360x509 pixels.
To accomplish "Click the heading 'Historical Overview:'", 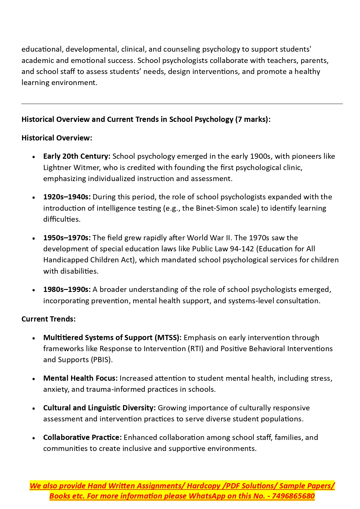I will pos(57,138).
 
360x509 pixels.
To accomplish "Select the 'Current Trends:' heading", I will pos(48,319).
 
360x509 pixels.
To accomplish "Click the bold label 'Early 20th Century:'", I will pos(77,156).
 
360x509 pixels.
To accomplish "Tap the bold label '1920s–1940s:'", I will pos(67,197).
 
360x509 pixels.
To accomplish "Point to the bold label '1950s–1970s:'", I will pos(67,238).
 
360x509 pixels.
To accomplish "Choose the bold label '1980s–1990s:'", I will pos(67,289).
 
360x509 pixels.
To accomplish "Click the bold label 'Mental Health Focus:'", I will pos(80,378).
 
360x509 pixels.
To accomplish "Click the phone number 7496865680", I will pos(293,496).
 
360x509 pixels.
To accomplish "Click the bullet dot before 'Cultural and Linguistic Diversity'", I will pos(34,408).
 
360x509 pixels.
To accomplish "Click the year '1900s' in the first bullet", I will pos(260,156).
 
